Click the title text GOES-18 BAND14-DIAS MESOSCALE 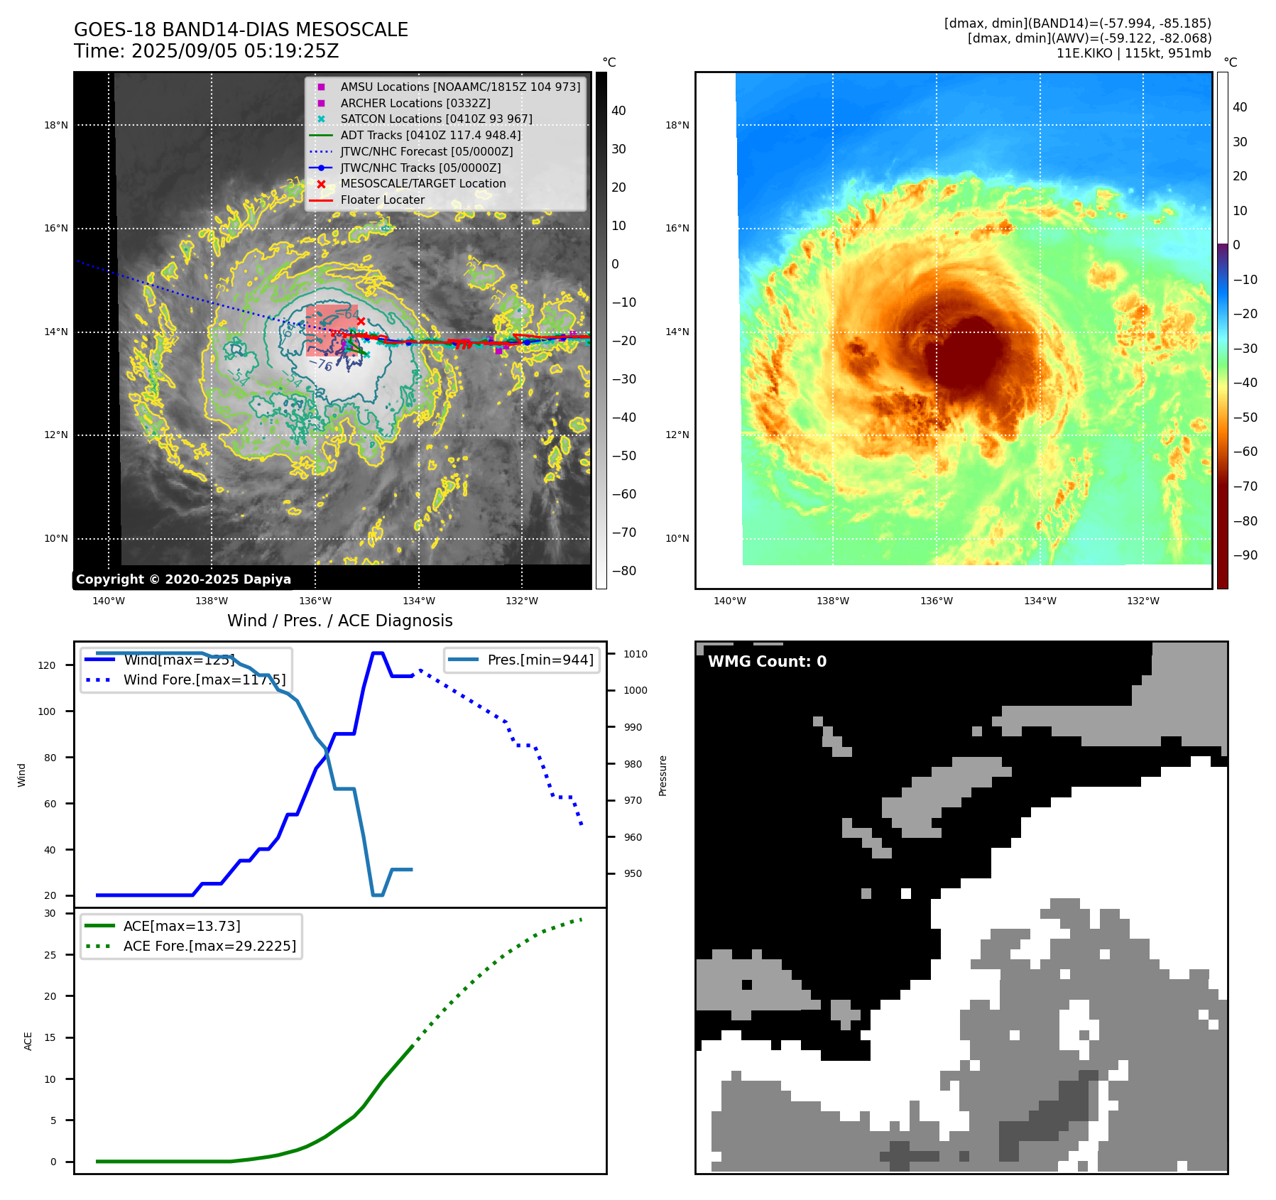pyautogui.click(x=241, y=31)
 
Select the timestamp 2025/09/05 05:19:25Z pyautogui.click(x=235, y=52)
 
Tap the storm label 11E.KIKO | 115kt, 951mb pyautogui.click(x=1133, y=53)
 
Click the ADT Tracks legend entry pyautogui.click(x=430, y=135)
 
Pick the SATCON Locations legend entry pyautogui.click(x=436, y=119)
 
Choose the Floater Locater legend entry pyautogui.click(x=382, y=200)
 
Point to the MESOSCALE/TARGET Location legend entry pyautogui.click(x=422, y=183)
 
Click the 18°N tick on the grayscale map pyautogui.click(x=56, y=126)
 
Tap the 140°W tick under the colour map pyautogui.click(x=729, y=601)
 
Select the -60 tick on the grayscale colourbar pyautogui.click(x=624, y=494)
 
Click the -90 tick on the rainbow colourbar pyautogui.click(x=1245, y=555)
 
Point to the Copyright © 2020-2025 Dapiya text pyautogui.click(x=183, y=579)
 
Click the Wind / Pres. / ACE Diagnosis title pyautogui.click(x=339, y=621)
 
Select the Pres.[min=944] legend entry pyautogui.click(x=540, y=660)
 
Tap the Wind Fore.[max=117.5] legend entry pyautogui.click(x=204, y=680)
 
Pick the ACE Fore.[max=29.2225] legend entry pyautogui.click(x=209, y=946)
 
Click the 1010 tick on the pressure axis pyautogui.click(x=636, y=654)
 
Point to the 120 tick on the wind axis pyautogui.click(x=47, y=665)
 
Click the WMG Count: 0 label pyautogui.click(x=767, y=662)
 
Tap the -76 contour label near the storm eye pyautogui.click(x=321, y=364)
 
